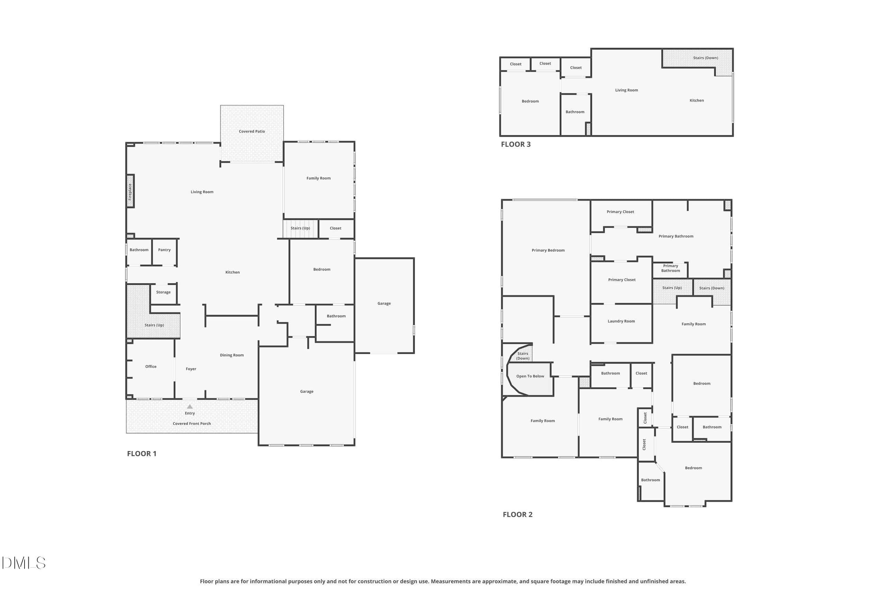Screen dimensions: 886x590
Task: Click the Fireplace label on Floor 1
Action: click(x=130, y=191)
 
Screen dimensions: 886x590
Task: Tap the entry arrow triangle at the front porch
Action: click(x=190, y=406)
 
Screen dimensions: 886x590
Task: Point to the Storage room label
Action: click(x=163, y=292)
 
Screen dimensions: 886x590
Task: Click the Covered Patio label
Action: click(x=252, y=131)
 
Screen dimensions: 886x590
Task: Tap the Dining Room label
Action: click(x=232, y=355)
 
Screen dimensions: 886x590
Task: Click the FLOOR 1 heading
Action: click(x=142, y=453)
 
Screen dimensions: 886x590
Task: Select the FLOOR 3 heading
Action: click(x=516, y=144)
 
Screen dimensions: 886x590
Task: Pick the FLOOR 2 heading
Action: click(x=518, y=514)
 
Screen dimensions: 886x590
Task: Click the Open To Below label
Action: click(x=530, y=376)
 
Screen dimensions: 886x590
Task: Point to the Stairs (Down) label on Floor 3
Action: click(x=706, y=58)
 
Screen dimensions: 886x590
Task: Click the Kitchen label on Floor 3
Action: click(x=697, y=101)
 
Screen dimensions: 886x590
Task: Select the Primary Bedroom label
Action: click(x=548, y=250)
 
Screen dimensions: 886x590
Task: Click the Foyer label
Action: click(x=191, y=369)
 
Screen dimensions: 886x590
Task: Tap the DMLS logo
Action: click(x=24, y=563)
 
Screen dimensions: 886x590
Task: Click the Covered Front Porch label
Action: click(x=192, y=424)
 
